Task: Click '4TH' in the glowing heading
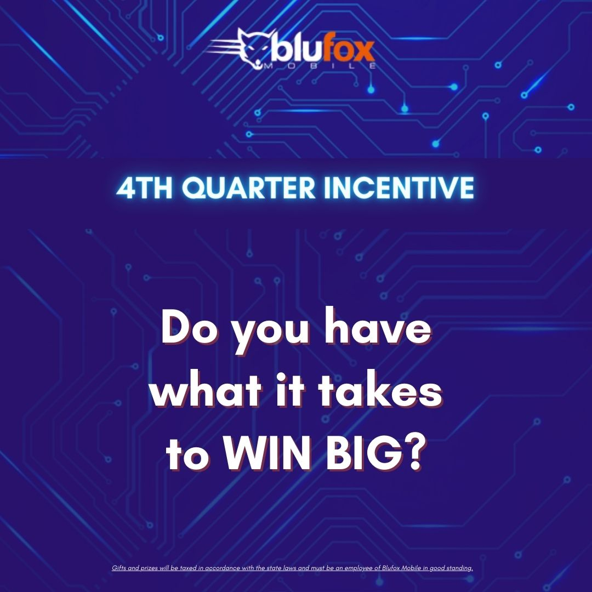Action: [142, 188]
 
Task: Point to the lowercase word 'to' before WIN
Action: [185, 457]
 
